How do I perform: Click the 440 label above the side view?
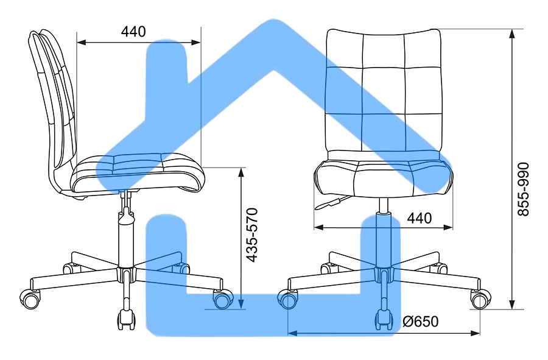(133, 32)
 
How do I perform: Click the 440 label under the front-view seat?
(420, 219)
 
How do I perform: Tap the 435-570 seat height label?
(252, 235)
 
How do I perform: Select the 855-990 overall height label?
(523, 189)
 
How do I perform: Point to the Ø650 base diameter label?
(420, 322)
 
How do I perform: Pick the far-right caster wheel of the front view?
(480, 299)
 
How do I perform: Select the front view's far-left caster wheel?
(287, 299)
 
